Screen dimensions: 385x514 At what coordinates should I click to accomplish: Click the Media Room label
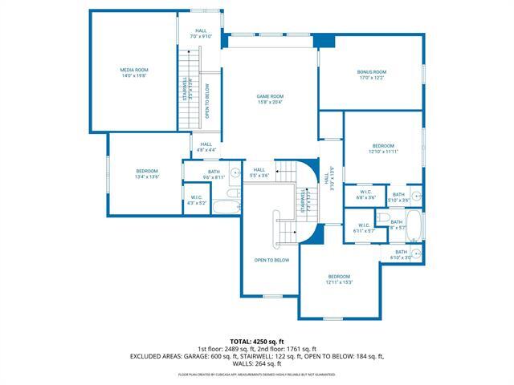click(134, 73)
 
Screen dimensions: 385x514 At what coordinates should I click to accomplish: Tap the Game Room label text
click(270, 99)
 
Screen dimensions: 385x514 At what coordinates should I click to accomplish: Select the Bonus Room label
click(372, 75)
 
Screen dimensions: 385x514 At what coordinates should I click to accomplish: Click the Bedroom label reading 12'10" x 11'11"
click(383, 148)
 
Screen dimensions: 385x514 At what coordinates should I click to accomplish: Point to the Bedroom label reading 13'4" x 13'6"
click(146, 173)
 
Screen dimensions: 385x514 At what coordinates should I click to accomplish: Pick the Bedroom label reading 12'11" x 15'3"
click(339, 279)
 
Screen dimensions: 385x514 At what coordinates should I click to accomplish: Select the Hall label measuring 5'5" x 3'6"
click(259, 172)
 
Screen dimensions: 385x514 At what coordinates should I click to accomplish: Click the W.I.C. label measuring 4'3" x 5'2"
click(197, 201)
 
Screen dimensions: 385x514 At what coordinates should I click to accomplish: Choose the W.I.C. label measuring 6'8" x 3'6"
click(365, 195)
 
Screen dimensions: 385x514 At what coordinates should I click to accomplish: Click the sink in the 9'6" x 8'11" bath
click(235, 172)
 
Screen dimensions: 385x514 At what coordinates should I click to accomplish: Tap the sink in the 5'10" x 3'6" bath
click(417, 196)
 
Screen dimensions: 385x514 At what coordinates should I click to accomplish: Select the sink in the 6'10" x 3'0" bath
click(417, 254)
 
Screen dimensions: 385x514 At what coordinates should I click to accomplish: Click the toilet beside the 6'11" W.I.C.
click(385, 219)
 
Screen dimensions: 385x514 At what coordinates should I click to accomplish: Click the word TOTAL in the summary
click(241, 342)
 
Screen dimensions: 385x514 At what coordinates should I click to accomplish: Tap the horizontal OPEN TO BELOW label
click(271, 260)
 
